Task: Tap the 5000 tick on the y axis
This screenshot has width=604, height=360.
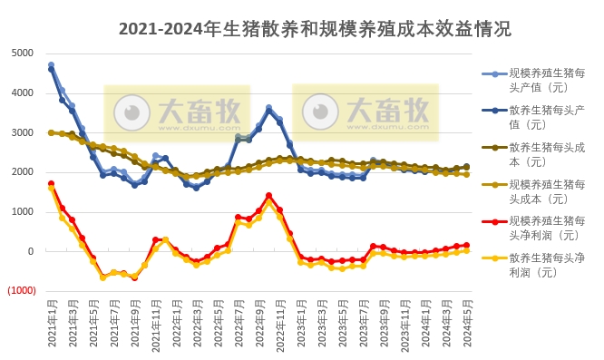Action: coord(22,53)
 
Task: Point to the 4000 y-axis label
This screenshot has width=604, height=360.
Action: coord(22,92)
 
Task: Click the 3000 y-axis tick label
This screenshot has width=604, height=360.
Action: coord(22,132)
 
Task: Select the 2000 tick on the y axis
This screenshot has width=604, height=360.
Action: coord(22,172)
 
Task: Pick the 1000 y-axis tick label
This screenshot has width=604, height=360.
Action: coord(22,212)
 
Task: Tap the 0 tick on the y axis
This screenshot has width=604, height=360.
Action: coord(30,252)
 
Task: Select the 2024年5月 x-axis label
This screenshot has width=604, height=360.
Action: coord(468,324)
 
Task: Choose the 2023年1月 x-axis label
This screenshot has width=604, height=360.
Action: coord(301,324)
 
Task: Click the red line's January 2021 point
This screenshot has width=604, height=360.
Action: coord(52,184)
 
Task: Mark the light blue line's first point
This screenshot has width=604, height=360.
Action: coord(52,65)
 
